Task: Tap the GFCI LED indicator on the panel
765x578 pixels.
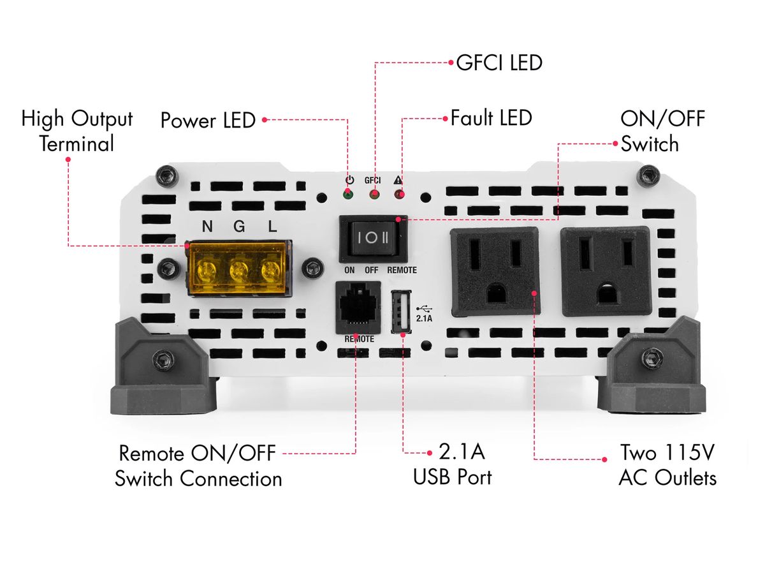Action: coord(374,193)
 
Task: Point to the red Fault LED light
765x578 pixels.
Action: coord(399,193)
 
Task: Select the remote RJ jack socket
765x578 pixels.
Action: coord(358,307)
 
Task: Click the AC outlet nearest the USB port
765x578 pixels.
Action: coord(495,272)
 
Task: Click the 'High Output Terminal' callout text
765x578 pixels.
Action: coord(77,131)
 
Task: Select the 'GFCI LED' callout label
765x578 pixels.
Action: coord(499,63)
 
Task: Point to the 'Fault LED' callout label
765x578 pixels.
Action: coord(491,118)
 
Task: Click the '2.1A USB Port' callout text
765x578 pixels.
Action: coord(453,465)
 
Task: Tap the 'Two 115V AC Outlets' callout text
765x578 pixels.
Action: coord(667,465)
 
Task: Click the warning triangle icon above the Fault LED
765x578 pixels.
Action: coord(399,180)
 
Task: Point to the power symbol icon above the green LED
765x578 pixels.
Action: coord(349,180)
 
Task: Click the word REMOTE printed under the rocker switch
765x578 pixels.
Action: coord(402,270)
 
